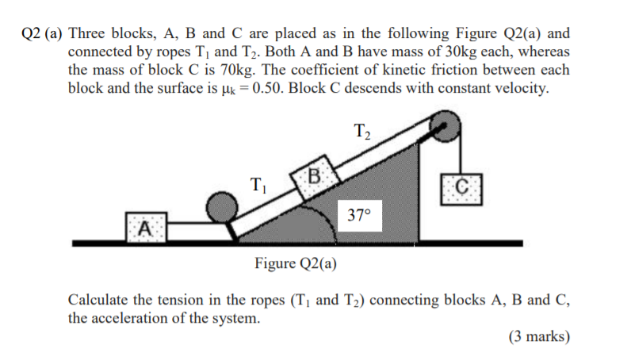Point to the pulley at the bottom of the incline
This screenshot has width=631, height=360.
point(223,209)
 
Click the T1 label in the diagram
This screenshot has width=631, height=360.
point(258,187)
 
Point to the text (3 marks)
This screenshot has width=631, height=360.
point(539,336)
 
